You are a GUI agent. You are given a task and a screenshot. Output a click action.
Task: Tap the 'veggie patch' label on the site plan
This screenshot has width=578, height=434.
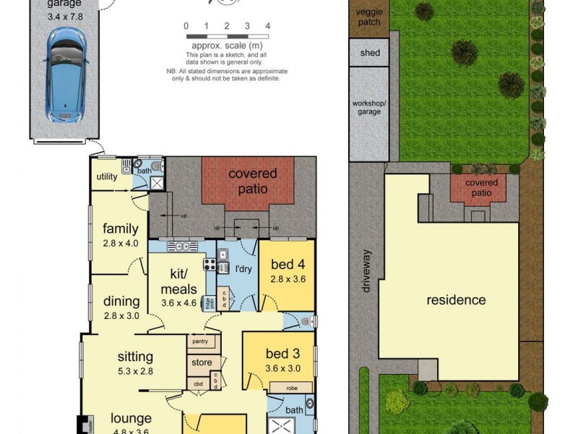point(369,17)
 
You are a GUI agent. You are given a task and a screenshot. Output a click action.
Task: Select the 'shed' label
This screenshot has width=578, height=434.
point(369,53)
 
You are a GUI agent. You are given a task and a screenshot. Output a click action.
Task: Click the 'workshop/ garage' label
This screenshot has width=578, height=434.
point(369,108)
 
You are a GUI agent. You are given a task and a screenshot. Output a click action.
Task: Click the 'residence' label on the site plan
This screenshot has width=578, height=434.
point(455,300)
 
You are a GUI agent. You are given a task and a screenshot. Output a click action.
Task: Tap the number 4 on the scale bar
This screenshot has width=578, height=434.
point(268,26)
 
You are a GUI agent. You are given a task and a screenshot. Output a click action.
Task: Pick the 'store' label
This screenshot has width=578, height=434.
point(202,362)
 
